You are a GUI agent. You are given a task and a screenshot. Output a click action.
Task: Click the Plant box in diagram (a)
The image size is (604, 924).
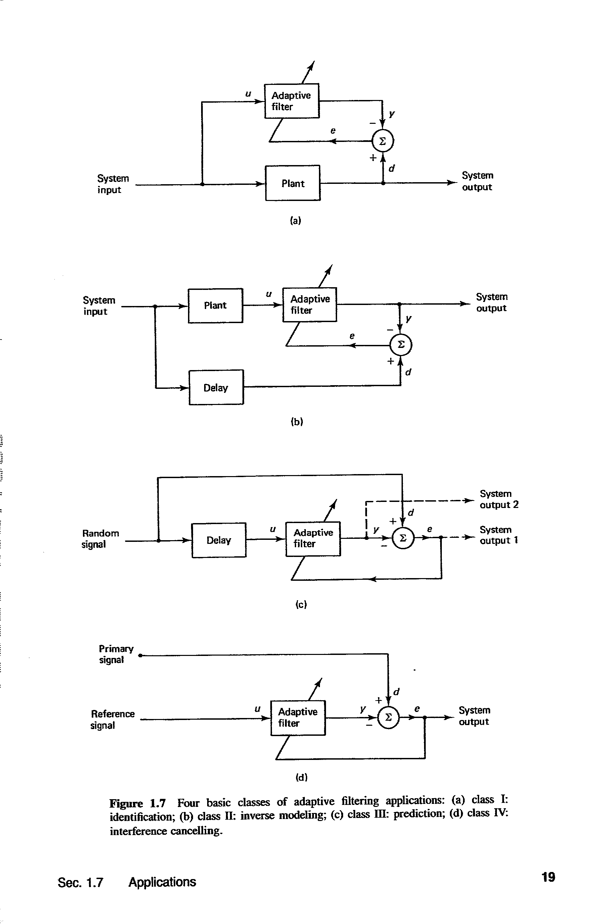pos(292,183)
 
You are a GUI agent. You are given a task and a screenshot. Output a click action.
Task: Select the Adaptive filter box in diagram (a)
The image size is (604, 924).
pos(292,101)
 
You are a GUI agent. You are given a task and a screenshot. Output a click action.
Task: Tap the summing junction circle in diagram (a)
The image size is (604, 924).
pos(383,141)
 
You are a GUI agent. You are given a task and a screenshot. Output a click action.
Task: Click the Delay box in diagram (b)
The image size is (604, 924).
pos(216,388)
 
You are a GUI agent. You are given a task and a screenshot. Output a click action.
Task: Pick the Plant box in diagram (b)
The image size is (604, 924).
pos(215,306)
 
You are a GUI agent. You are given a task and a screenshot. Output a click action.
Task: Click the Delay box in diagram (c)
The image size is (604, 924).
pos(219,540)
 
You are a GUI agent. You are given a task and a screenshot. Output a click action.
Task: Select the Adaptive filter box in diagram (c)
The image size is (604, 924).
pos(313,538)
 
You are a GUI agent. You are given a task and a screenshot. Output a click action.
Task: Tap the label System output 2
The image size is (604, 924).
pos(499,499)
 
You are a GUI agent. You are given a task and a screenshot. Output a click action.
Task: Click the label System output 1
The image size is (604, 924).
pos(499,535)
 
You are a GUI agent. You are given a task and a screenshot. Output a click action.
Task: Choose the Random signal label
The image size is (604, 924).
pos(100,538)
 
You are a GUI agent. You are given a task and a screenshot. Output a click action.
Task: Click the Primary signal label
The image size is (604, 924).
pos(116,654)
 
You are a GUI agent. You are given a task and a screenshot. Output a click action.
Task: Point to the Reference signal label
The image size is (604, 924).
pos(112,719)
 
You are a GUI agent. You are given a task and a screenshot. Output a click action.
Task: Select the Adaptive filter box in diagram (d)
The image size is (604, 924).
pos(298,717)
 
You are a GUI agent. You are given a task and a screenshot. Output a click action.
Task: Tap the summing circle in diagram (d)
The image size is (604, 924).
pos(388,718)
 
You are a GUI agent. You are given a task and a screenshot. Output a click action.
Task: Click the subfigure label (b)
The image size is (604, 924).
pos(297,422)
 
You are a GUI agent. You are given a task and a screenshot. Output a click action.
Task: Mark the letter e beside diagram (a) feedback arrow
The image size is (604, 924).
pos(333,131)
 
